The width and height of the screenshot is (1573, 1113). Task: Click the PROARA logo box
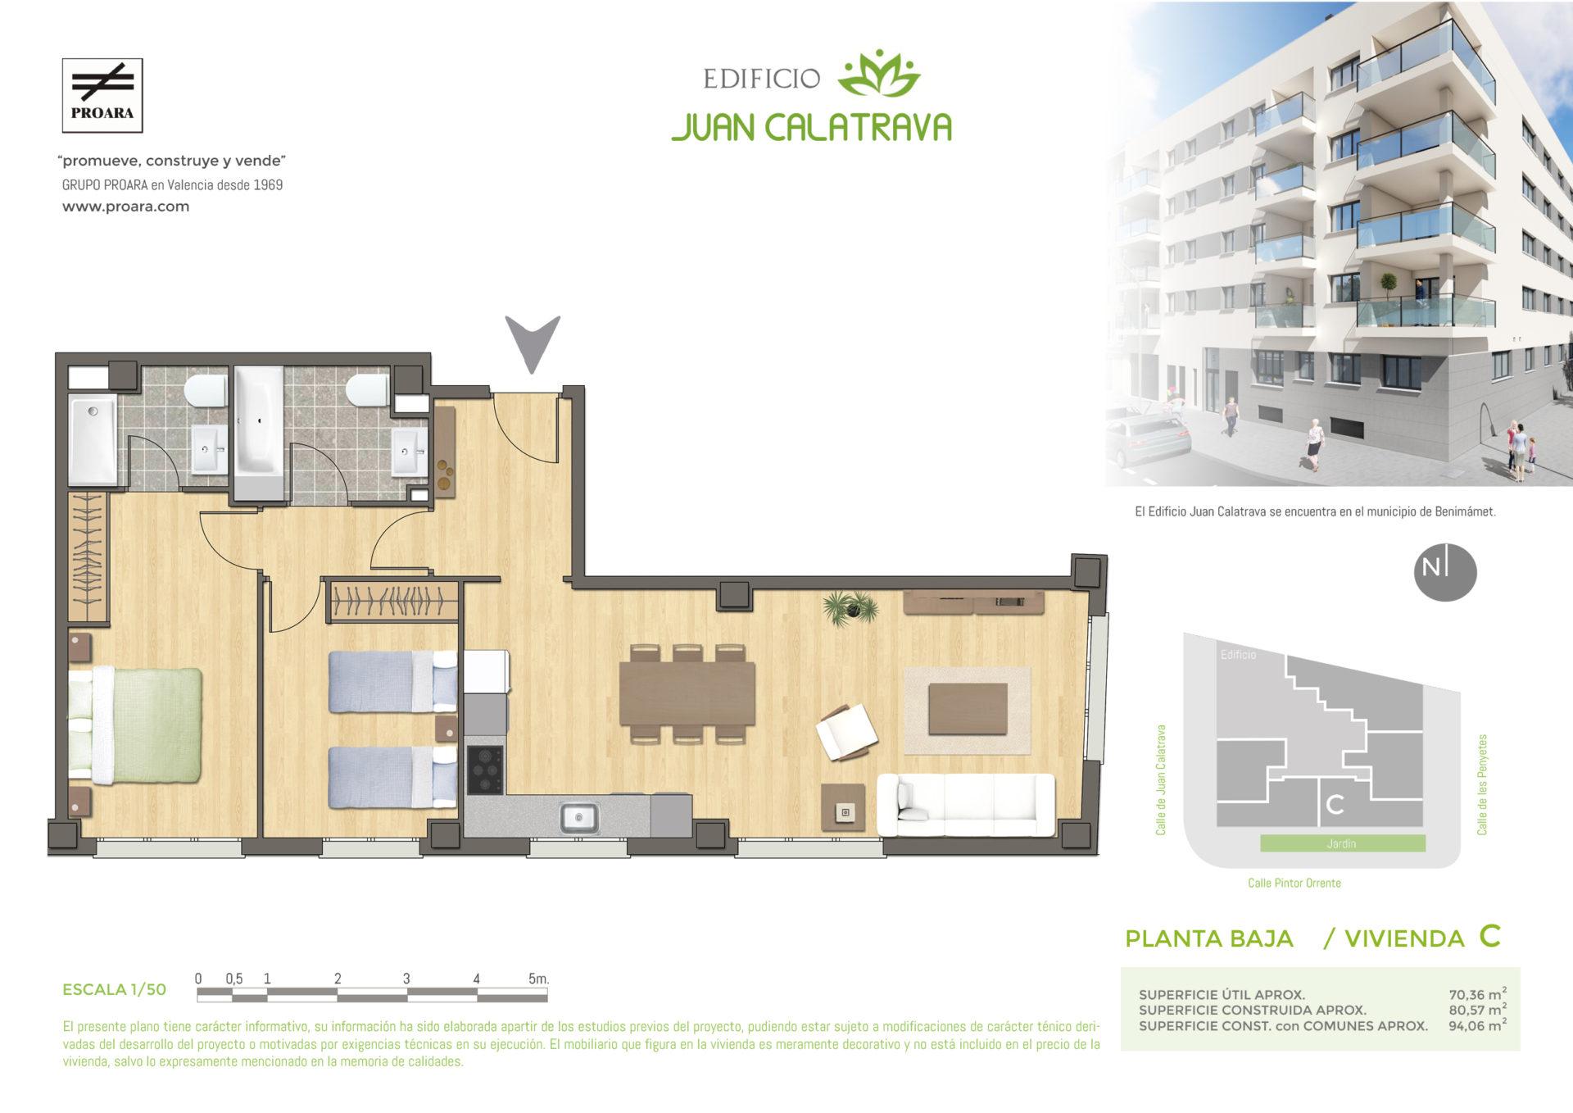pyautogui.click(x=102, y=95)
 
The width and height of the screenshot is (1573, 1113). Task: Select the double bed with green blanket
pyautogui.click(x=135, y=723)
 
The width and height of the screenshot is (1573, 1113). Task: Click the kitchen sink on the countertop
pyautogui.click(x=579, y=818)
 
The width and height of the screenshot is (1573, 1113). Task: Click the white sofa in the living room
pyautogui.click(x=966, y=805)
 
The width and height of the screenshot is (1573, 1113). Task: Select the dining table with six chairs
pyautogui.click(x=687, y=693)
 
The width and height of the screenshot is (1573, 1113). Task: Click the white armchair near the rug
pyautogui.click(x=848, y=731)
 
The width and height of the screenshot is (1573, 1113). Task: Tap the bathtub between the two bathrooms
pyautogui.click(x=260, y=432)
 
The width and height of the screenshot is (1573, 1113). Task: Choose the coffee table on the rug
pyautogui.click(x=968, y=708)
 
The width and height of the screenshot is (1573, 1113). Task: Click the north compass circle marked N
pyautogui.click(x=1445, y=574)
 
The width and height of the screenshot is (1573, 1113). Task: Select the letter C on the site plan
pyautogui.click(x=1335, y=805)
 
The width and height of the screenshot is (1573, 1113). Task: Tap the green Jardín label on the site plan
pyautogui.click(x=1342, y=843)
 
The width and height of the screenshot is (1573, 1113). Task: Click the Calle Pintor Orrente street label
pyautogui.click(x=1294, y=883)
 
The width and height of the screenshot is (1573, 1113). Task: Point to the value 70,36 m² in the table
pyautogui.click(x=1478, y=995)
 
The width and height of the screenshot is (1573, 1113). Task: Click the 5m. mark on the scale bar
pyautogui.click(x=538, y=979)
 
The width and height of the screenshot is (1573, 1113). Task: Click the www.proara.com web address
pyautogui.click(x=126, y=207)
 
